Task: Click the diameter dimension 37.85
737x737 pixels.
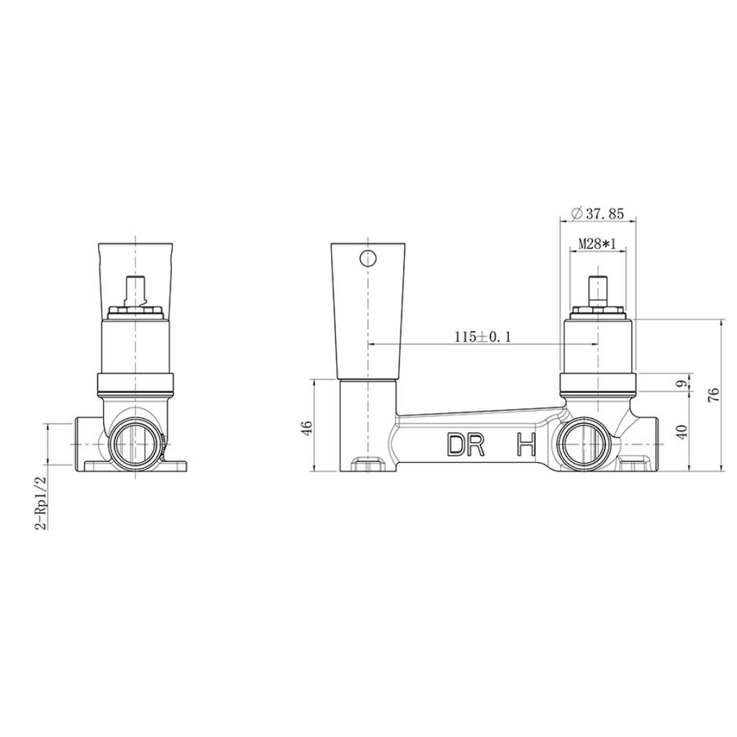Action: [x=598, y=214]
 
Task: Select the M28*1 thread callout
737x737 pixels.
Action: [x=597, y=244]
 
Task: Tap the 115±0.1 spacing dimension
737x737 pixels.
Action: [x=482, y=337]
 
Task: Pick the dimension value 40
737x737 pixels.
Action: [x=683, y=430]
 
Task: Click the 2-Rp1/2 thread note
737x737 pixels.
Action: [x=42, y=502]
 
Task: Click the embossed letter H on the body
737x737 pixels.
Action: [x=526, y=445]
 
